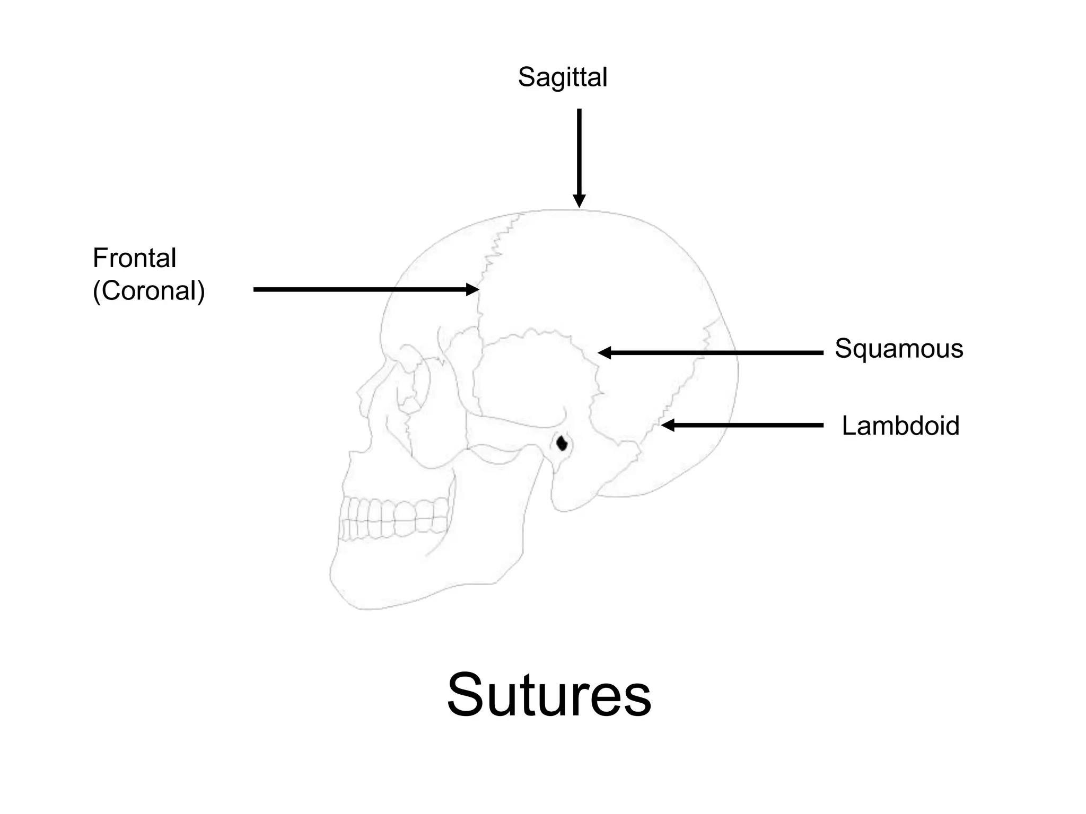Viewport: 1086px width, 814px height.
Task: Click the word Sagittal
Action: point(562,77)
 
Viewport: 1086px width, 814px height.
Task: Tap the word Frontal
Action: point(134,258)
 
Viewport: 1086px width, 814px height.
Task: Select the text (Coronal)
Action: point(148,291)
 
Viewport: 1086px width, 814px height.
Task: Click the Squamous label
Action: point(899,349)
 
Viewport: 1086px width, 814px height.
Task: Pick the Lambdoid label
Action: point(900,426)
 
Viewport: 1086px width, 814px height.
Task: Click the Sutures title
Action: point(549,695)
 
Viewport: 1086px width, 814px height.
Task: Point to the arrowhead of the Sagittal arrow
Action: point(579,201)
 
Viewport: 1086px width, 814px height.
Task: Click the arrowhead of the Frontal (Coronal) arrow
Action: point(472,289)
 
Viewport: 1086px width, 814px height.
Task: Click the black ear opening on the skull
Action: point(562,442)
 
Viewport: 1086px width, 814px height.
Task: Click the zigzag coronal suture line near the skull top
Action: point(498,244)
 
